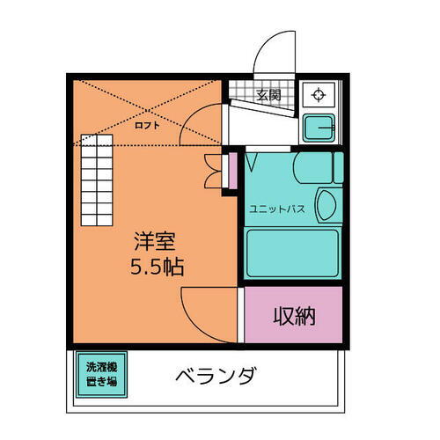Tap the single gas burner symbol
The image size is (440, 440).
(316, 93)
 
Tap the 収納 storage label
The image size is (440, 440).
(293, 316)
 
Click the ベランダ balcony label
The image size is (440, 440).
(216, 378)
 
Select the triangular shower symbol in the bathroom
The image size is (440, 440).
(251, 164)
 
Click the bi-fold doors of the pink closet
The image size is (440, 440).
(212, 171)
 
